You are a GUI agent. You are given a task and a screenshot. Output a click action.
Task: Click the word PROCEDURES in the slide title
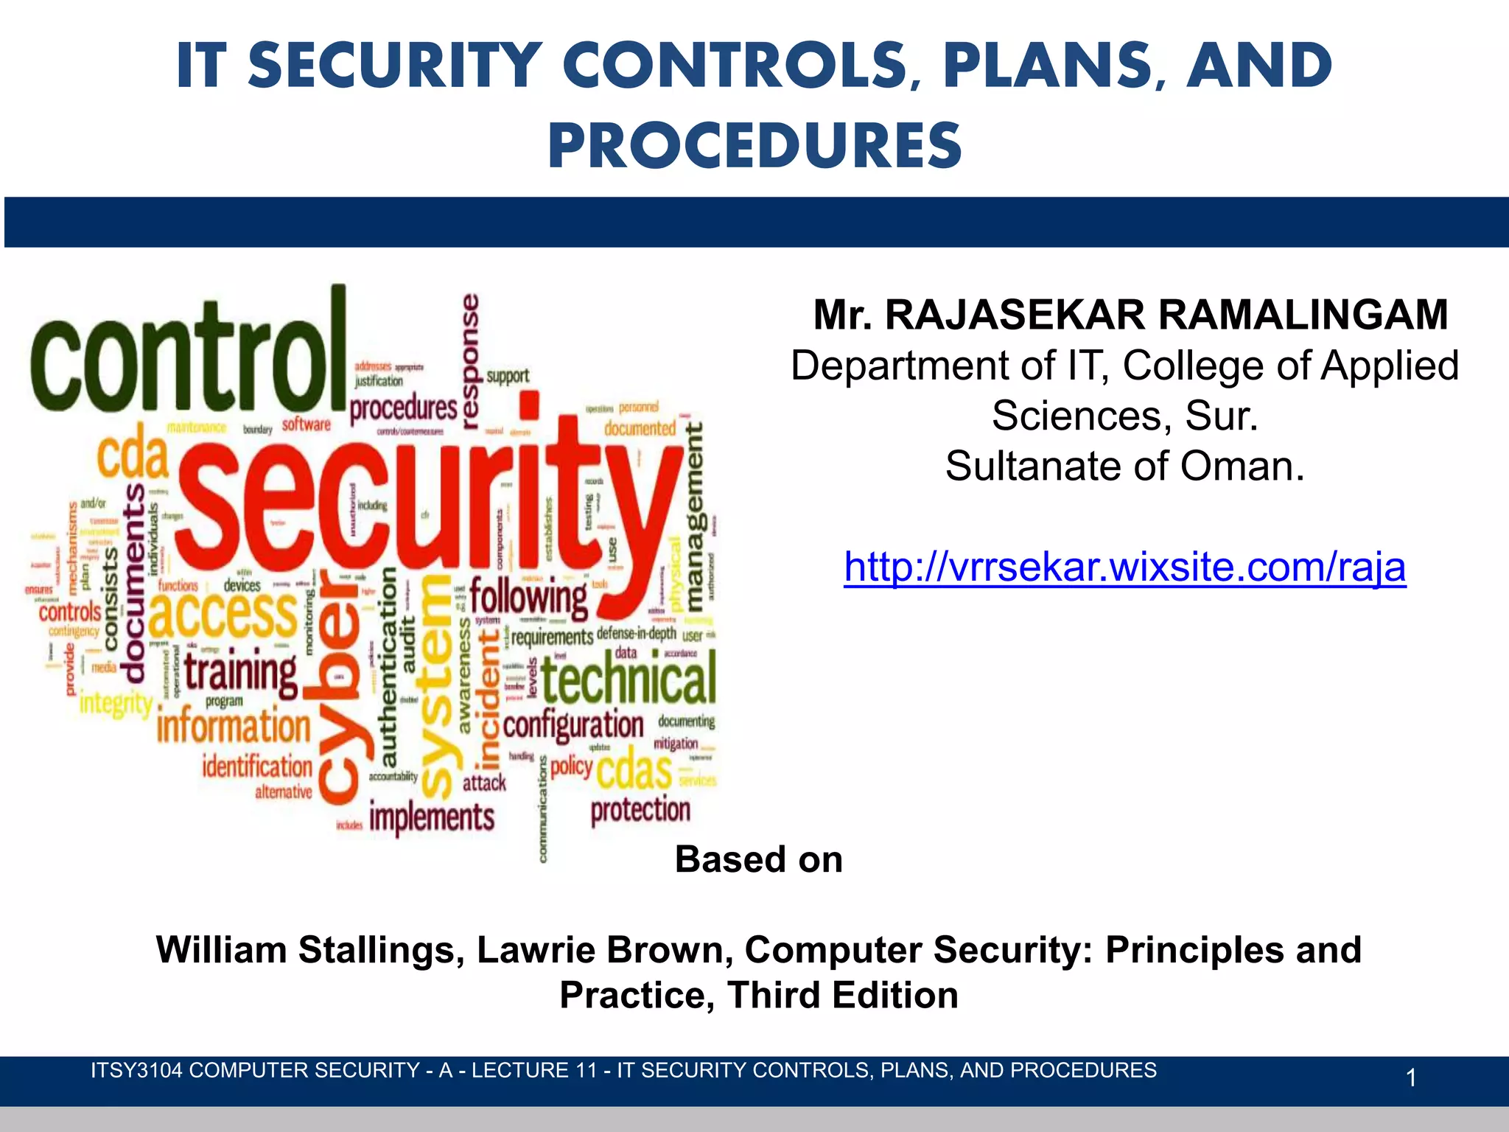tap(754, 146)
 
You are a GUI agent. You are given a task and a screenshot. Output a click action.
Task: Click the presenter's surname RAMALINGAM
tap(1303, 315)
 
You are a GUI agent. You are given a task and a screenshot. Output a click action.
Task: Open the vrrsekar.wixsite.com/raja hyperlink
tap(1124, 567)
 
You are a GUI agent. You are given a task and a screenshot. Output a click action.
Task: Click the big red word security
tap(427, 509)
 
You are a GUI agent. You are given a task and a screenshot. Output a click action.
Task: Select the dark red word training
tap(240, 672)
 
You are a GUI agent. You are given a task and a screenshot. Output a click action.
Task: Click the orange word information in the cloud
tap(234, 727)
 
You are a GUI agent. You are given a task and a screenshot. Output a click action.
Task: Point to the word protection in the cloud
tap(640, 811)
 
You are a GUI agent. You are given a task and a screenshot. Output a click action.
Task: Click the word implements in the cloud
tap(432, 818)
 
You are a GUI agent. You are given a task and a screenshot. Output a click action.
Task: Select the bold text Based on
tap(758, 860)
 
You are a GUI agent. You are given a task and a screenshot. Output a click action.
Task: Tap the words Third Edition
tap(842, 996)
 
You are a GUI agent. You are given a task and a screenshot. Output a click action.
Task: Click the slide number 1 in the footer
tap(1410, 1078)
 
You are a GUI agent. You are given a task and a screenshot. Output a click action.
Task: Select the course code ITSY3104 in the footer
tap(136, 1071)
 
